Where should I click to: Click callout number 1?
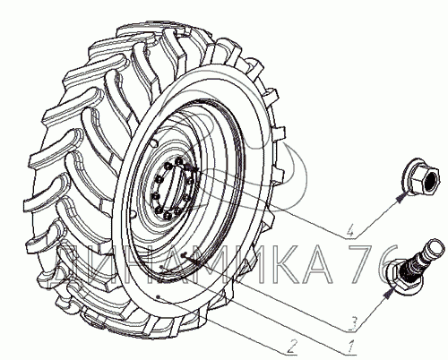point(352,346)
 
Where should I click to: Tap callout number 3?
point(353,323)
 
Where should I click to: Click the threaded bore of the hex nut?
point(431,180)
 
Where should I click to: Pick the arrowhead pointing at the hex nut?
point(401,198)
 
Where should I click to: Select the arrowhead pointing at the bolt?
point(389,294)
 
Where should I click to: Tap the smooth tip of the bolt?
point(435,246)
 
